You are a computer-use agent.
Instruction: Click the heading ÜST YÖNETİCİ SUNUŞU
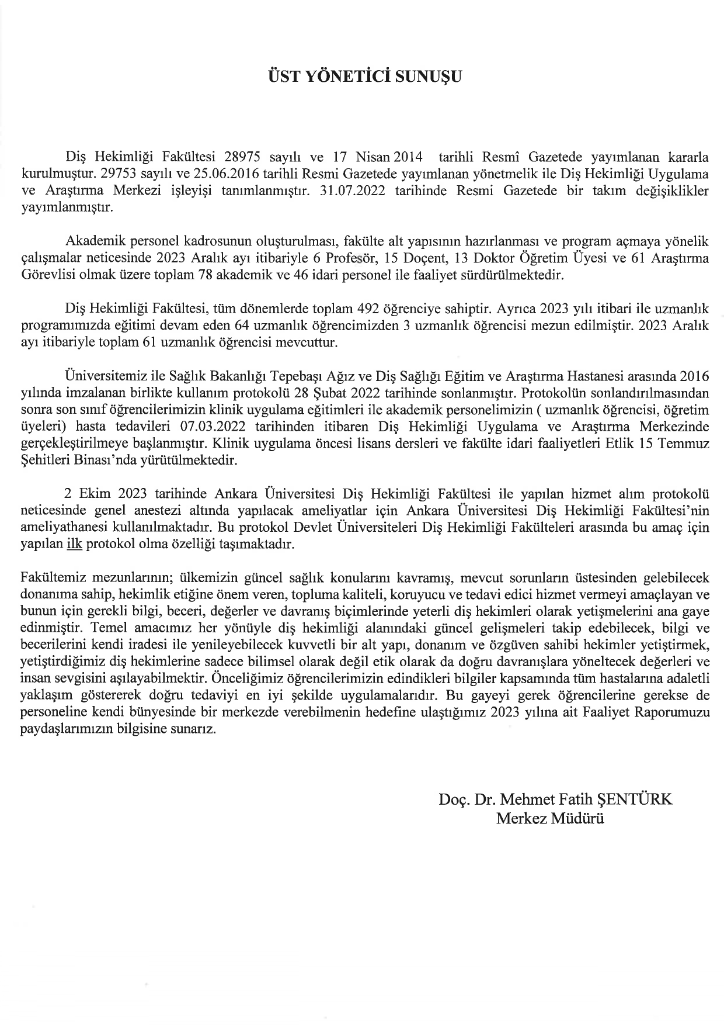(361, 77)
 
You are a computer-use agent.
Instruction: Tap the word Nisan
(374, 157)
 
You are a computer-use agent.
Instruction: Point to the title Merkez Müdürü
(549, 818)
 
